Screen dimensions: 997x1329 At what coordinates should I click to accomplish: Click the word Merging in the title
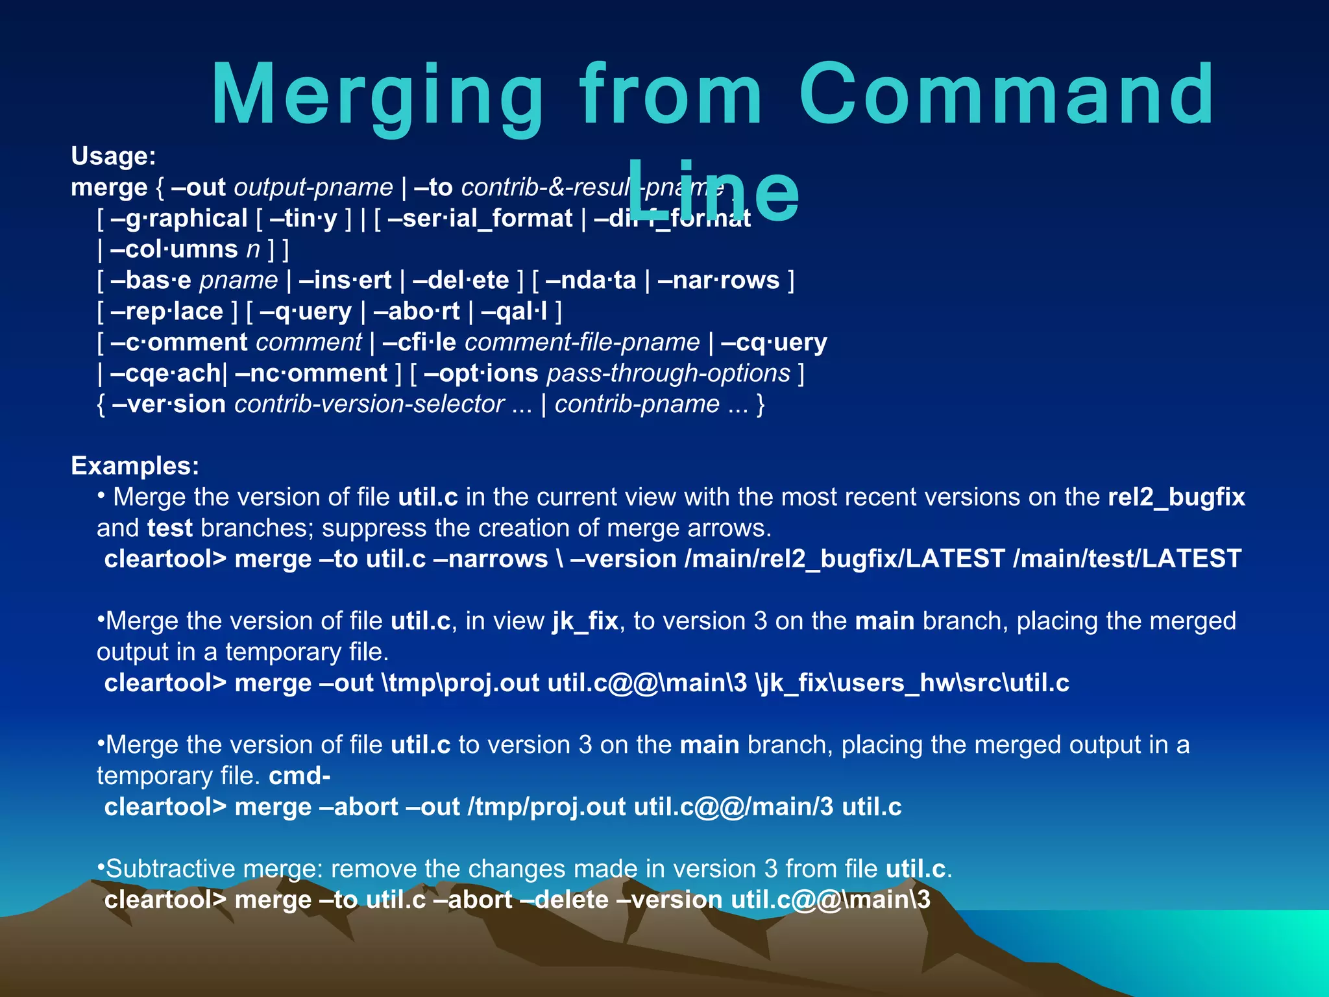pos(376,96)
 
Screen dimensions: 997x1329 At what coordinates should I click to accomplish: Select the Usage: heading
pos(114,156)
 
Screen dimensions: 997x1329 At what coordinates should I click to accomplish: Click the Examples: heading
pos(135,466)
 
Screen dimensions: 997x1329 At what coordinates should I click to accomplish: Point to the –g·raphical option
pos(179,219)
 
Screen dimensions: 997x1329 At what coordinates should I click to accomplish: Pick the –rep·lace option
pos(167,312)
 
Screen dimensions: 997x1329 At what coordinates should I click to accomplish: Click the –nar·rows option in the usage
pos(718,280)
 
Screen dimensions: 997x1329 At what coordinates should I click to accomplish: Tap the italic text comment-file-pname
pos(582,342)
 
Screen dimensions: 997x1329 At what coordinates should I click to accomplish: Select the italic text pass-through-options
pos(668,373)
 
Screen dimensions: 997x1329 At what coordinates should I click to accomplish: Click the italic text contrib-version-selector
pos(369,404)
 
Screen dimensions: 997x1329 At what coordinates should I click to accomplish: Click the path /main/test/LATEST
pos(1127,559)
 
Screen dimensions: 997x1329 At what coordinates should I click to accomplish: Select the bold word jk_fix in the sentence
pos(585,621)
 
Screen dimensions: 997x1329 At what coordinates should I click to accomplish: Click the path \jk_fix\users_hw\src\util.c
pos(912,683)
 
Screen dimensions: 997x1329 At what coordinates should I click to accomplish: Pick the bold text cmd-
pos(299,776)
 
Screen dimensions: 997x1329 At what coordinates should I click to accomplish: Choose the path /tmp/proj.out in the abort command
pos(546,807)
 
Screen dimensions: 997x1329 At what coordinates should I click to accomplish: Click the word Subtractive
pos(171,869)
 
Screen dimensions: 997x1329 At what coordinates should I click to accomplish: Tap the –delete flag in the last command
pos(572,900)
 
